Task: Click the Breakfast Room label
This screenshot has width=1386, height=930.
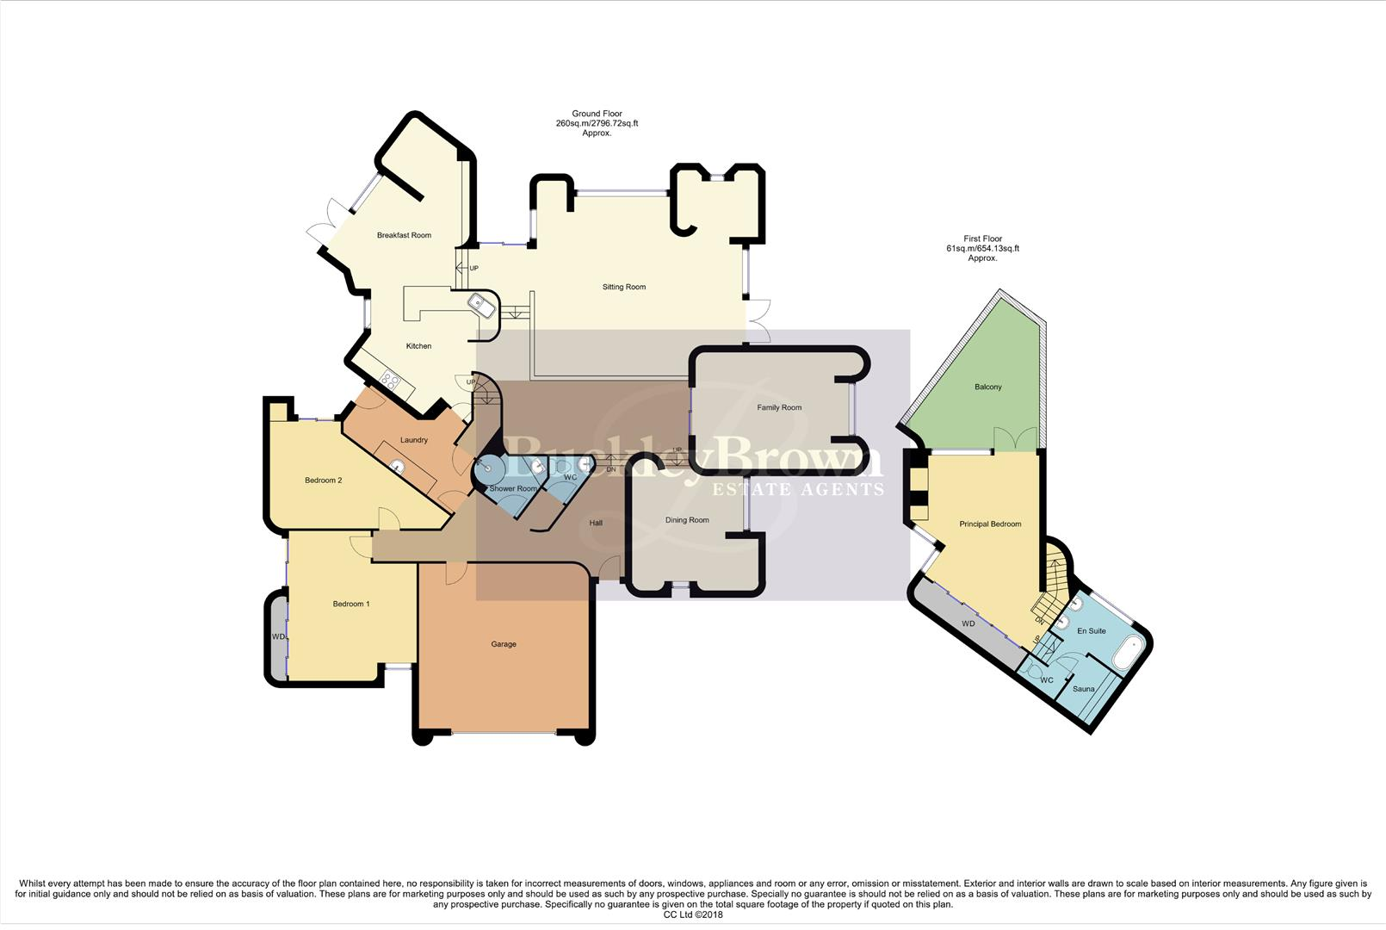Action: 404,235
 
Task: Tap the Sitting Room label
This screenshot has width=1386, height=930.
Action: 623,287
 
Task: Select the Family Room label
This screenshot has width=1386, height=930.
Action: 778,407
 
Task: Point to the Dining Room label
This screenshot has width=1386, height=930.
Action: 686,520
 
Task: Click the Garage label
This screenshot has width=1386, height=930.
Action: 504,644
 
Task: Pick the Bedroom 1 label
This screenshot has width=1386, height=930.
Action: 350,604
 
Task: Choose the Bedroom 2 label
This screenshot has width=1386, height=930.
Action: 323,480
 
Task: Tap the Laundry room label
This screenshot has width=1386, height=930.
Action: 413,440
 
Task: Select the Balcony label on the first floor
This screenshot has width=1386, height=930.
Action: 987,387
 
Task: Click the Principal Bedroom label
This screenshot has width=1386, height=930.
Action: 989,524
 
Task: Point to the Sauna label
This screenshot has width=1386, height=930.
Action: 1083,689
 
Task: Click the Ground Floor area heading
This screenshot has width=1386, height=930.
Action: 597,123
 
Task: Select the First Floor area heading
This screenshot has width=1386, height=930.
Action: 981,249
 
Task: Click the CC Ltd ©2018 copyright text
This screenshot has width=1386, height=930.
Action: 692,914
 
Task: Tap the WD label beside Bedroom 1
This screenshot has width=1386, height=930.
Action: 277,637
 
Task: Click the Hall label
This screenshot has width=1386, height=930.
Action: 595,523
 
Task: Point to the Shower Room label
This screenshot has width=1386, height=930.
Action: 513,488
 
